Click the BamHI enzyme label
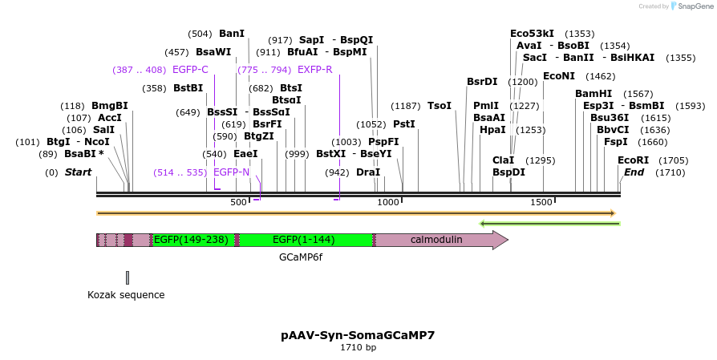click(593, 94)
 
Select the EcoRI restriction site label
click(633, 160)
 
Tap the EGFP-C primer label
click(190, 70)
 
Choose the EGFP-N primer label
click(231, 172)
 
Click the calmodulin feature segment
click(436, 240)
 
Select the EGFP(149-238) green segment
click(191, 240)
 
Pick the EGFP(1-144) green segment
click(306, 240)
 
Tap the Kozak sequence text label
click(126, 295)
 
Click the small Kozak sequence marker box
click(128, 277)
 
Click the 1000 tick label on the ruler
click(388, 202)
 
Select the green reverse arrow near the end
click(549, 223)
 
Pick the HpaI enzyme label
click(492, 130)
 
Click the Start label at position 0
click(78, 172)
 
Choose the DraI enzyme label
click(368, 172)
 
